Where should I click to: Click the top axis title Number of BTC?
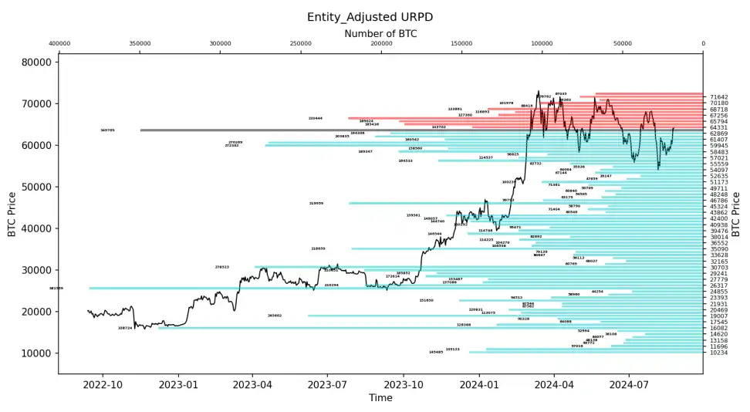point(380,33)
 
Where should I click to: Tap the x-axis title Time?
point(380,398)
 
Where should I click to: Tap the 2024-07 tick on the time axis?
point(629,383)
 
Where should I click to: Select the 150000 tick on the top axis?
point(461,44)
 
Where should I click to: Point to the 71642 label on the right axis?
point(718,98)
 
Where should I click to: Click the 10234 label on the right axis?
point(718,353)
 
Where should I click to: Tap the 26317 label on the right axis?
point(718,285)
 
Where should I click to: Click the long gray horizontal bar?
point(309,130)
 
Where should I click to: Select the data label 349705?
point(107,130)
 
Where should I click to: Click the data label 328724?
point(125,328)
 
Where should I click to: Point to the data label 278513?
point(222,267)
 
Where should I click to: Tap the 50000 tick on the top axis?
point(623,44)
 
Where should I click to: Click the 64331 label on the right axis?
point(718,128)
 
